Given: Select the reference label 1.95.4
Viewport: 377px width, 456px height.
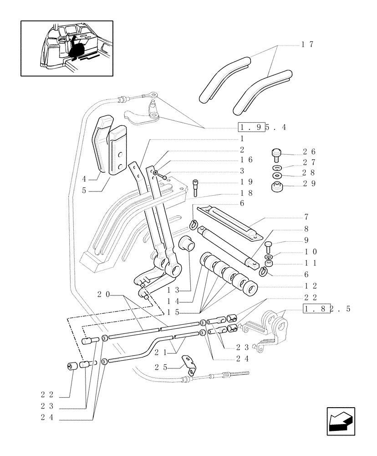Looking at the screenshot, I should click(x=261, y=127).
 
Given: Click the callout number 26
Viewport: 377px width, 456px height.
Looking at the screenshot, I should click(x=308, y=151).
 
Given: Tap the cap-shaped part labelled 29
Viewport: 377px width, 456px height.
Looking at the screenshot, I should click(x=277, y=187).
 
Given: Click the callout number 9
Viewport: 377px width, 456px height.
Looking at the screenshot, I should click(x=306, y=240).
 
